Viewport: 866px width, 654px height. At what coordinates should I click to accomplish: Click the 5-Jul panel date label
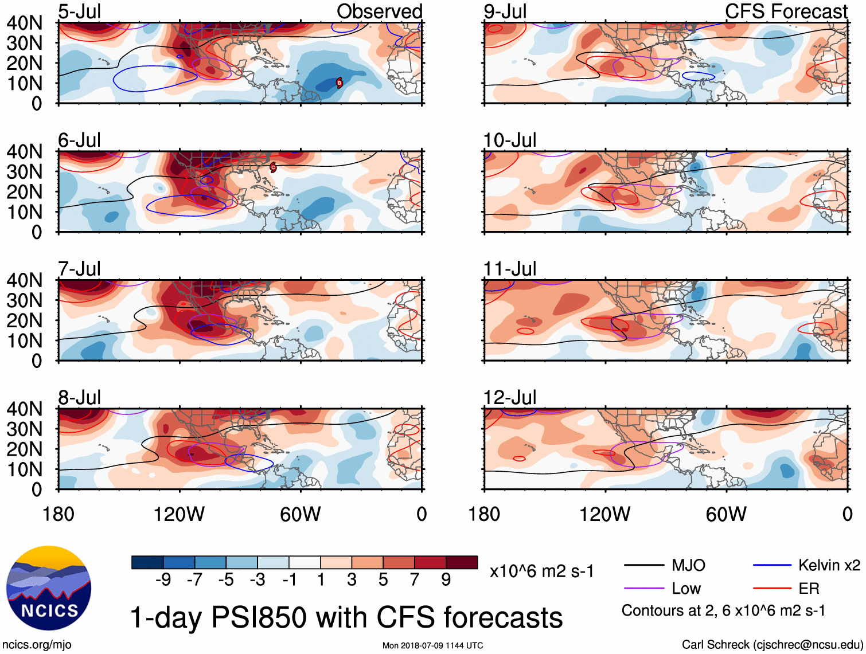[x=79, y=11]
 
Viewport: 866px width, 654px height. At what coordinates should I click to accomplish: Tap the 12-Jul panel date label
[x=509, y=397]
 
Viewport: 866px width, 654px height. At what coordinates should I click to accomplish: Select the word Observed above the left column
[x=379, y=11]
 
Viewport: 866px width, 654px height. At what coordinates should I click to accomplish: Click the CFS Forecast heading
[x=786, y=11]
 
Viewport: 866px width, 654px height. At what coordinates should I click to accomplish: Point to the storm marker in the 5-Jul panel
[x=339, y=83]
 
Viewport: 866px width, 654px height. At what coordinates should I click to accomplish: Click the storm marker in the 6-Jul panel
[x=273, y=167]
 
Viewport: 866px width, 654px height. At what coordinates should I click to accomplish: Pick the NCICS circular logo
[x=49, y=588]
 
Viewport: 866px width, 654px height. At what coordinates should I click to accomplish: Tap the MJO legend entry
[x=688, y=565]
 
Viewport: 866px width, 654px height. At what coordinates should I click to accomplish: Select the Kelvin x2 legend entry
[x=829, y=565]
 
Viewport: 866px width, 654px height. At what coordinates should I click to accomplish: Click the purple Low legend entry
[x=686, y=588]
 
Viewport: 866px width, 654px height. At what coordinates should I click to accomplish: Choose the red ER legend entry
[x=809, y=588]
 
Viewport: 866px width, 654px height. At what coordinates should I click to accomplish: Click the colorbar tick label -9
[x=163, y=580]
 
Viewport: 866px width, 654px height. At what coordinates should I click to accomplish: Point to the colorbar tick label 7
[x=415, y=580]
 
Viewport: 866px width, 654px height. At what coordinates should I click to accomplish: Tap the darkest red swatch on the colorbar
[x=462, y=562]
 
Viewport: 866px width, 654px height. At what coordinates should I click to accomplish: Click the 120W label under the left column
[x=178, y=514]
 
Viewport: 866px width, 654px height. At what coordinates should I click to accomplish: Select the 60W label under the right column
[x=726, y=514]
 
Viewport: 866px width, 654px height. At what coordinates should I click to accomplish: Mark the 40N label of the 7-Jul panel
[x=24, y=280]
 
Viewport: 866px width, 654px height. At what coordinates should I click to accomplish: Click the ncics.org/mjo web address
[x=37, y=644]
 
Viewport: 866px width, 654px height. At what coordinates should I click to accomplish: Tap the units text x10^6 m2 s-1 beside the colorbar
[x=541, y=571]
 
